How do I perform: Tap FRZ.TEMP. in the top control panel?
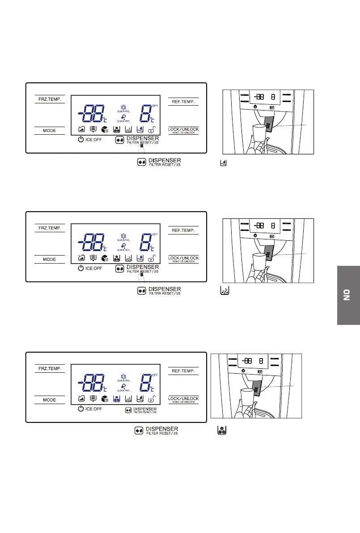click(x=50, y=99)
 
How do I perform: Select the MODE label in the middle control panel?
click(x=50, y=260)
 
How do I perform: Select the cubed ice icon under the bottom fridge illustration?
click(x=221, y=430)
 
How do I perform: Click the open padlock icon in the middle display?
click(x=153, y=259)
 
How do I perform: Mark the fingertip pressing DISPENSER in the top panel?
click(x=141, y=146)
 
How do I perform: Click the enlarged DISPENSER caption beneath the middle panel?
click(x=164, y=289)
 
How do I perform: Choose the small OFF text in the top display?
click(x=155, y=106)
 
